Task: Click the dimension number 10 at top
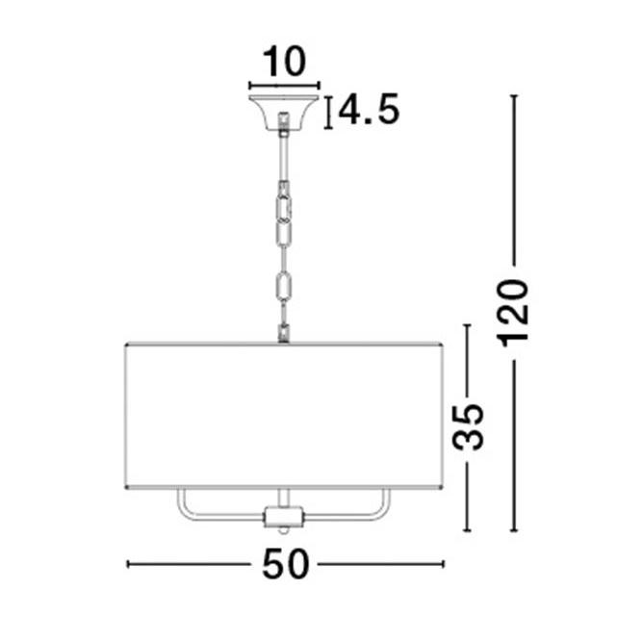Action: (284, 62)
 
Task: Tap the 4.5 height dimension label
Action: (369, 109)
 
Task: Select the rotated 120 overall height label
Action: (513, 313)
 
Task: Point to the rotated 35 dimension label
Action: (468, 426)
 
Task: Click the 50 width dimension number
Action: (285, 564)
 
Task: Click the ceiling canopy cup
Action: (284, 113)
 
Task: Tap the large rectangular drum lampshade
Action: (284, 416)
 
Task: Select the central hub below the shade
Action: (284, 517)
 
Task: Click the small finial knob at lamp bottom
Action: (283, 530)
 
